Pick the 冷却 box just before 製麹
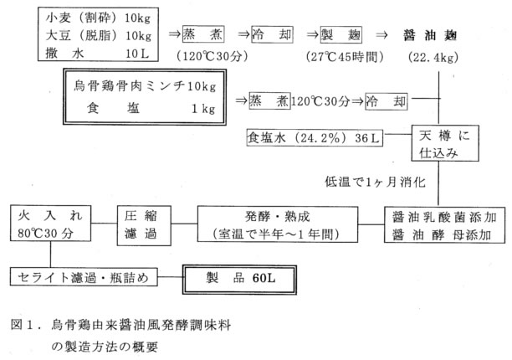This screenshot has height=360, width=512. click(272, 36)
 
